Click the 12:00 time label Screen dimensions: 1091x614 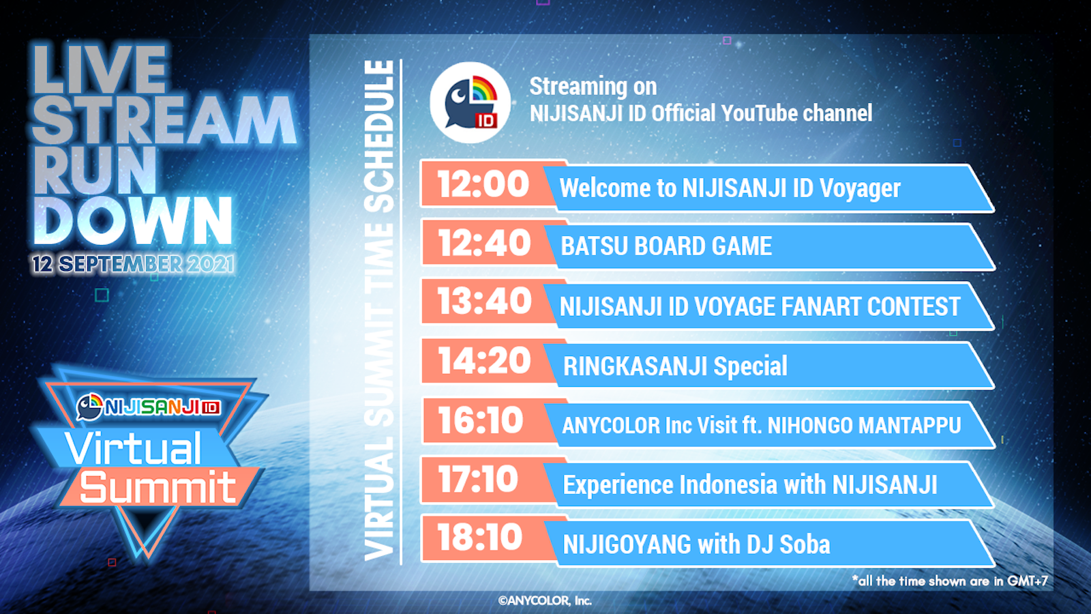(483, 184)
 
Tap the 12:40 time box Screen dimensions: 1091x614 (484, 243)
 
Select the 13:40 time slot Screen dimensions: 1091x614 (484, 301)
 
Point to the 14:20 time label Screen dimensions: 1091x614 (484, 361)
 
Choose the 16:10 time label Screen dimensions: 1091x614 (480, 420)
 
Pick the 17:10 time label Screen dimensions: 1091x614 (478, 480)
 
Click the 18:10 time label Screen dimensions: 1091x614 (480, 538)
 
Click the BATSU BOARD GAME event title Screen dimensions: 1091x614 (666, 246)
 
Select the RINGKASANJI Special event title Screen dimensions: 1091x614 (675, 366)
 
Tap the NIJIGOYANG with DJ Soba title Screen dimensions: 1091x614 (696, 544)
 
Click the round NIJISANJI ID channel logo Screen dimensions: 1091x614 (470, 102)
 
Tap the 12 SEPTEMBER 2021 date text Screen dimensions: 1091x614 (133, 264)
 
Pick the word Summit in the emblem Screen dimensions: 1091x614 (158, 487)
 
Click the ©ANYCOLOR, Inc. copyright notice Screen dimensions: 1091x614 (545, 601)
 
